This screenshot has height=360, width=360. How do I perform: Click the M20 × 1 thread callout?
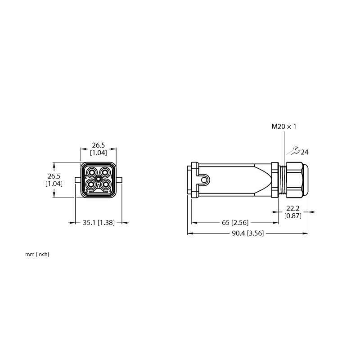(284, 126)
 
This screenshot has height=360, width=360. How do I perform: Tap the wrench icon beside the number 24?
(294, 151)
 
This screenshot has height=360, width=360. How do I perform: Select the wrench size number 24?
(305, 152)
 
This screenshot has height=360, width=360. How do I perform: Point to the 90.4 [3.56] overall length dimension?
(248, 233)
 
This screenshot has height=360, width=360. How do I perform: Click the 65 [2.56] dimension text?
(235, 222)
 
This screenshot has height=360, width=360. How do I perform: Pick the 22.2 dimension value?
(293, 208)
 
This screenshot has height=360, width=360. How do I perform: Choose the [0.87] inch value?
(293, 216)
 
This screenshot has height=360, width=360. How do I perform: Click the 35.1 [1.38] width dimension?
(99, 222)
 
